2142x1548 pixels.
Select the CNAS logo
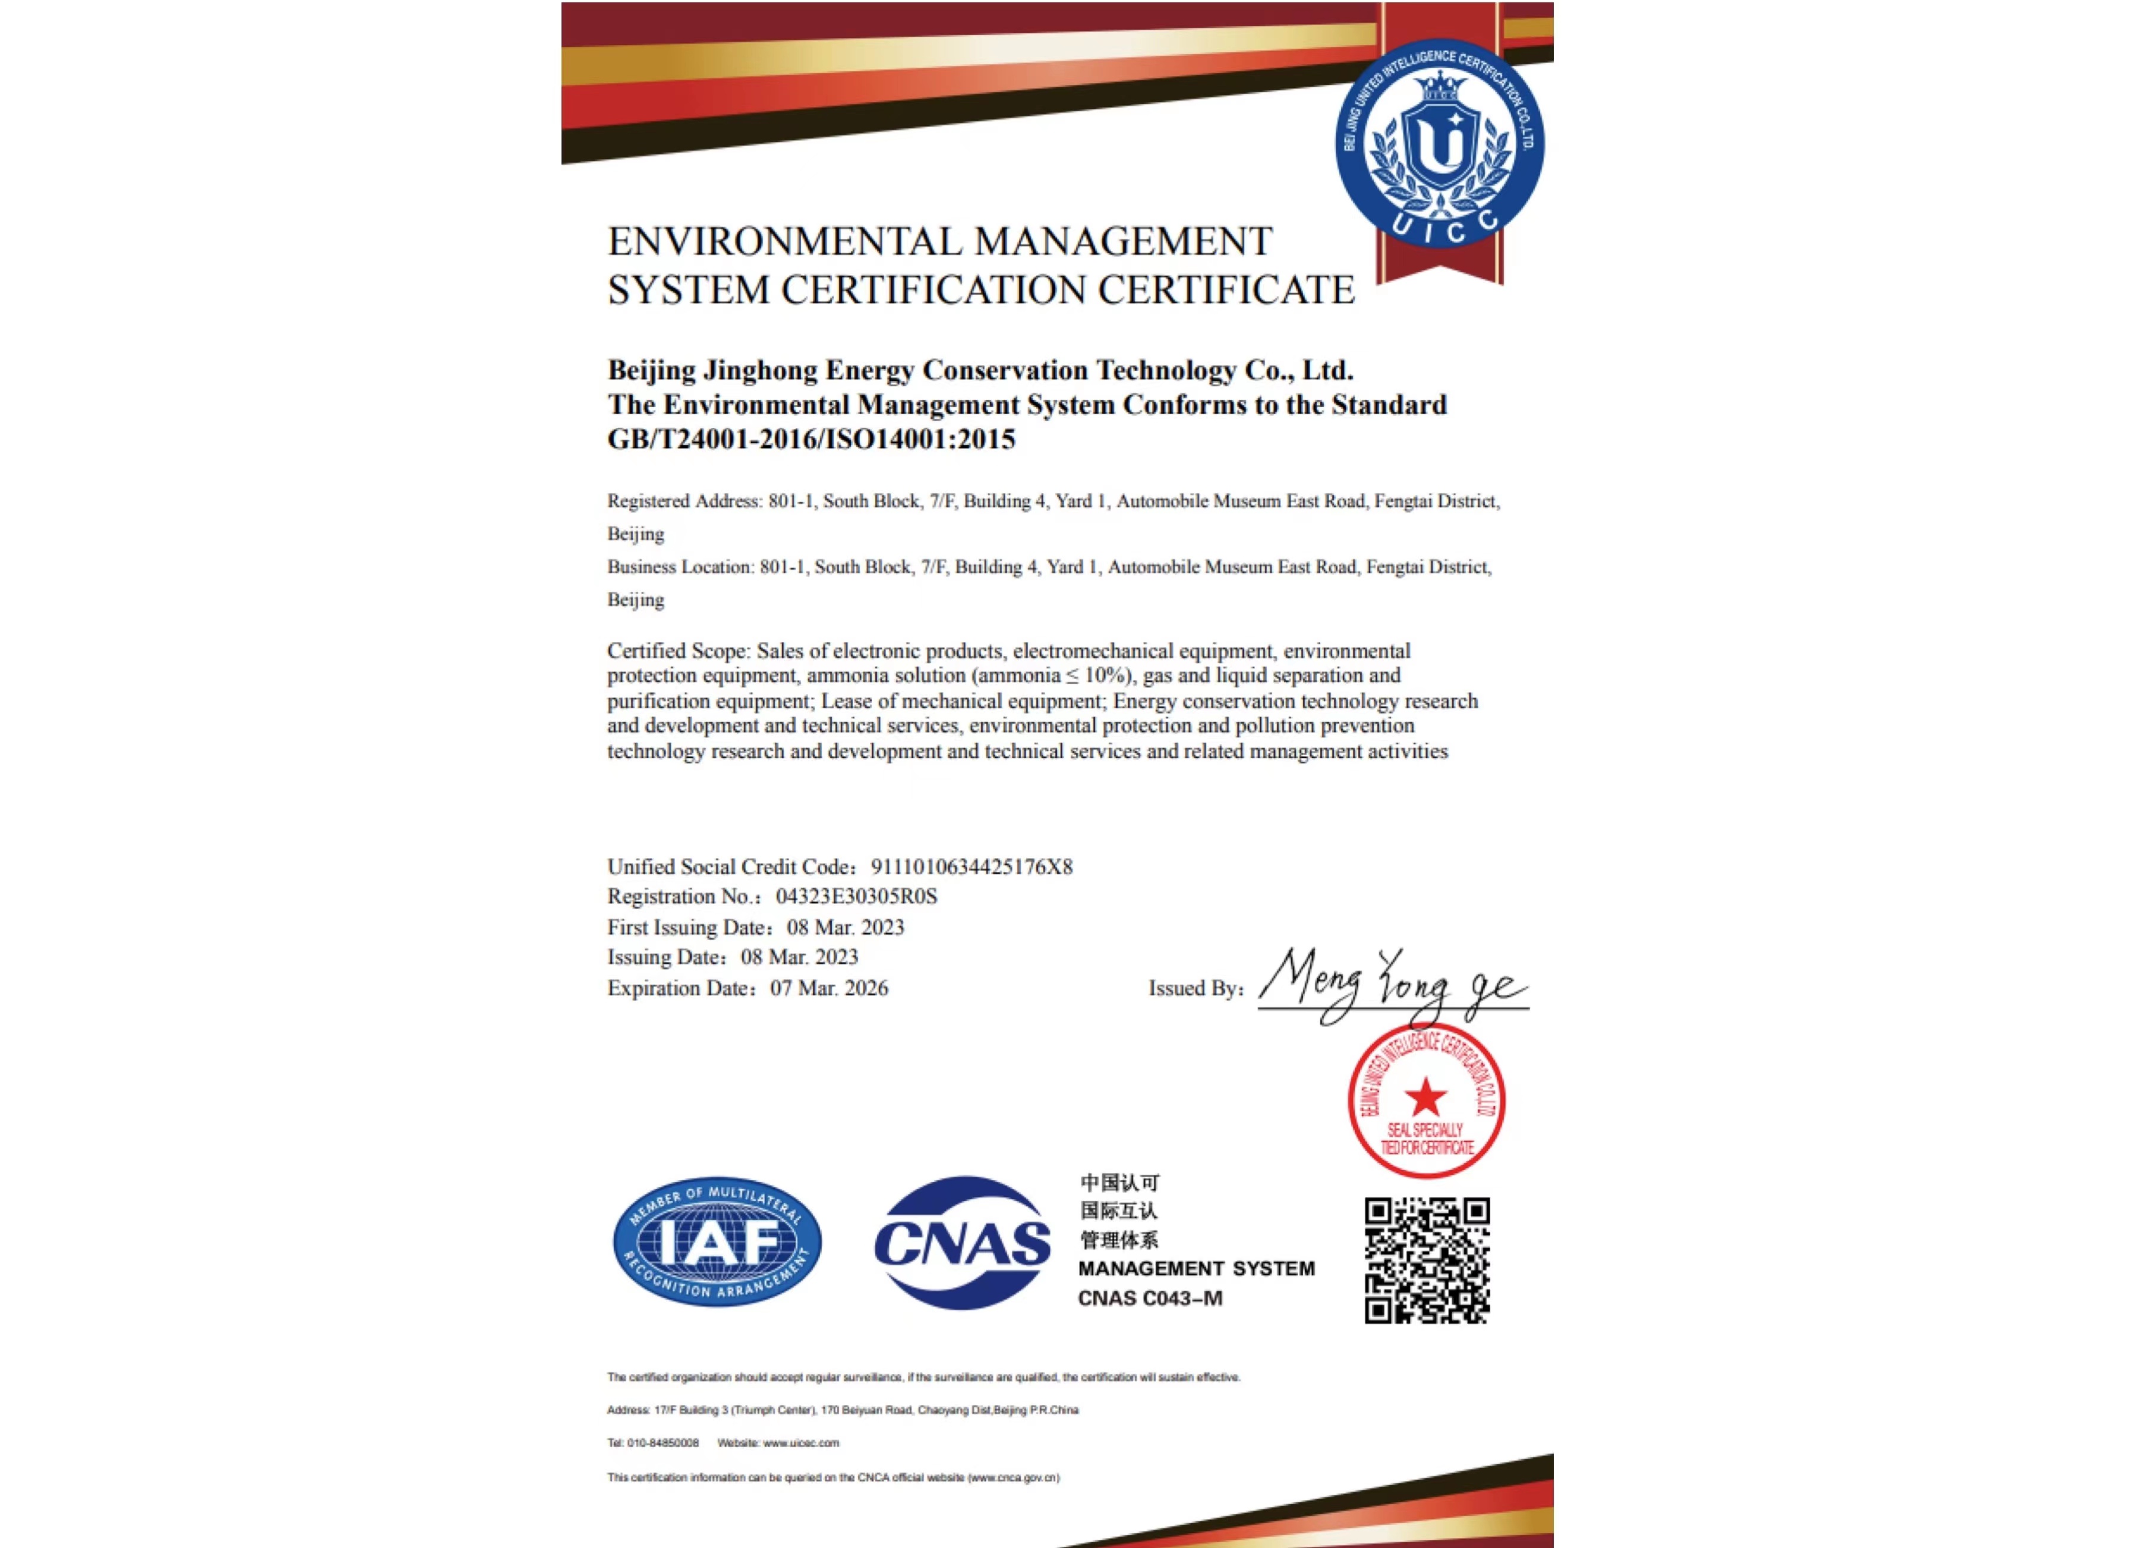click(x=963, y=1242)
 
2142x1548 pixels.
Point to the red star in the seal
click(x=1425, y=1098)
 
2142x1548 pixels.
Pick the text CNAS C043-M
click(x=1149, y=1298)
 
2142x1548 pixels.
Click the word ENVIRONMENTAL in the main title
click(x=783, y=242)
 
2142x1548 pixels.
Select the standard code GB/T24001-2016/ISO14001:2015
click(x=810, y=439)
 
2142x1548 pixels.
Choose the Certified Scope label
click(x=678, y=651)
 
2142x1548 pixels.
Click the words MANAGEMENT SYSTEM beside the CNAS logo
click(x=1195, y=1269)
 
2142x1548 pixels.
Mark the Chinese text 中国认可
click(x=1119, y=1183)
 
